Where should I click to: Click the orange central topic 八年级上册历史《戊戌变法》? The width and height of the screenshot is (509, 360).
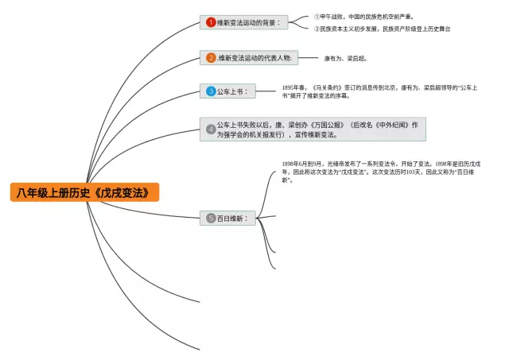(84, 192)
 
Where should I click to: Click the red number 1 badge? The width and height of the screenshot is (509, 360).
(211, 22)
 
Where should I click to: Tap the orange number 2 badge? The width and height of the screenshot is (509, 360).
(211, 57)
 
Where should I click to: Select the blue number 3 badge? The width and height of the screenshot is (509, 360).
(211, 91)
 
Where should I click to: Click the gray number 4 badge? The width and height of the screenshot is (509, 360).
(211, 129)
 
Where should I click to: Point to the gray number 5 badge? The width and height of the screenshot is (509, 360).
(211, 218)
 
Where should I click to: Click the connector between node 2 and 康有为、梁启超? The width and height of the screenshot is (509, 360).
(307, 57)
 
